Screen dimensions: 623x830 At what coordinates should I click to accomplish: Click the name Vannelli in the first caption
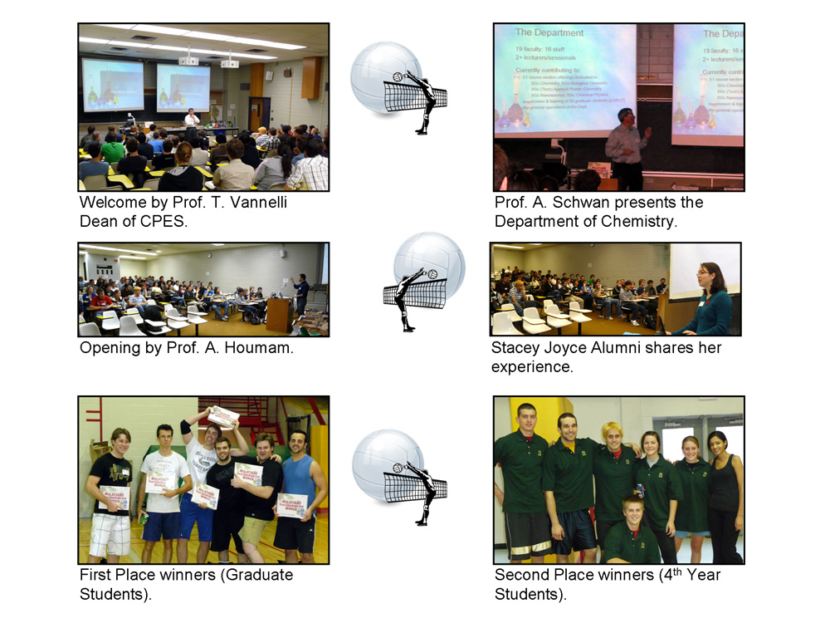pyautogui.click(x=248, y=203)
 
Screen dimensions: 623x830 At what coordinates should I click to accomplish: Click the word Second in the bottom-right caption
pyautogui.click(x=524, y=575)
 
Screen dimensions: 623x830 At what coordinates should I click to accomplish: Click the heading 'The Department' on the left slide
pyautogui.click(x=549, y=33)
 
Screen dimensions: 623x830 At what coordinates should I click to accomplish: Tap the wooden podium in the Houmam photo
pyautogui.click(x=279, y=315)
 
